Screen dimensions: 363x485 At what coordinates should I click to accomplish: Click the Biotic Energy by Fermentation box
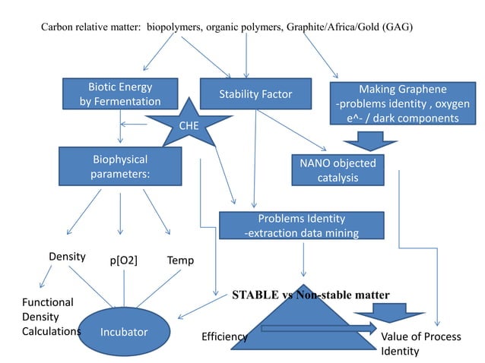120,93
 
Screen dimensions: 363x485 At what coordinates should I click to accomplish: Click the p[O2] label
123,261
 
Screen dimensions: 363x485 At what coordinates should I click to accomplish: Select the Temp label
181,260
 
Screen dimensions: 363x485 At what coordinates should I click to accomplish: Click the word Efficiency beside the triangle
224,336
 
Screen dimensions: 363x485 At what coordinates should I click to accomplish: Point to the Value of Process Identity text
420,344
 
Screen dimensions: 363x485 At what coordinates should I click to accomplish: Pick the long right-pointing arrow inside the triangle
318,329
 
